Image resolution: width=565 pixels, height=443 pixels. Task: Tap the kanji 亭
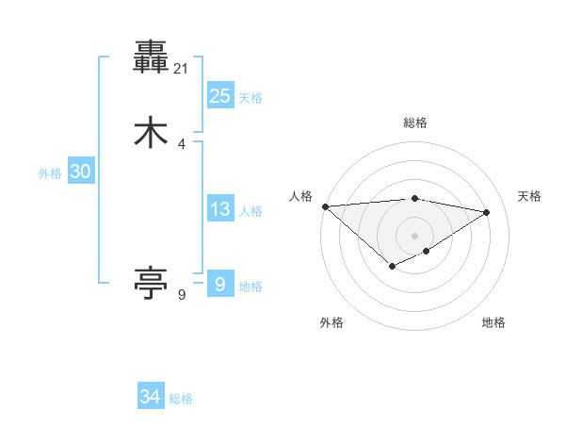click(x=151, y=282)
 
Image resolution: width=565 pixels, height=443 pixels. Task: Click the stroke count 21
click(x=182, y=68)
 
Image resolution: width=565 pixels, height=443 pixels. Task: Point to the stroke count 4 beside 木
click(x=182, y=144)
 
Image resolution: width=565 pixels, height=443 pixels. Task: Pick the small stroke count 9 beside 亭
click(x=182, y=294)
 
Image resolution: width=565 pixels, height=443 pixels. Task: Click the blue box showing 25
click(x=219, y=96)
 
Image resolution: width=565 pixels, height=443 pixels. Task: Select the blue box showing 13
click(x=219, y=209)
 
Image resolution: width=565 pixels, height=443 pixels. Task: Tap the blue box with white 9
click(x=219, y=284)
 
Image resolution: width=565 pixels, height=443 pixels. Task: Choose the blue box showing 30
click(x=80, y=172)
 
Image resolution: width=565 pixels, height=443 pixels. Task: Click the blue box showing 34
click(x=151, y=397)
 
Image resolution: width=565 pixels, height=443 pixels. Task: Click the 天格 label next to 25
click(x=250, y=98)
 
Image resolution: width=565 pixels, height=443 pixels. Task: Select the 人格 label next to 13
click(x=250, y=211)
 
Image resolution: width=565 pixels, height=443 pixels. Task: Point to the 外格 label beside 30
click(x=50, y=173)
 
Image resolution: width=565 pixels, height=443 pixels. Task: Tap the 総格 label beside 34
click(x=181, y=399)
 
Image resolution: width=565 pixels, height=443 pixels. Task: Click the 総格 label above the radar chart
click(x=414, y=123)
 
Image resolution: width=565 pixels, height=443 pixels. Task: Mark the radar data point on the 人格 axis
click(x=325, y=206)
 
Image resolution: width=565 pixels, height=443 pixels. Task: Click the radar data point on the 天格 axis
click(x=487, y=212)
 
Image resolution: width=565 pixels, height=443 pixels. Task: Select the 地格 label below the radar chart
click(x=493, y=323)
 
